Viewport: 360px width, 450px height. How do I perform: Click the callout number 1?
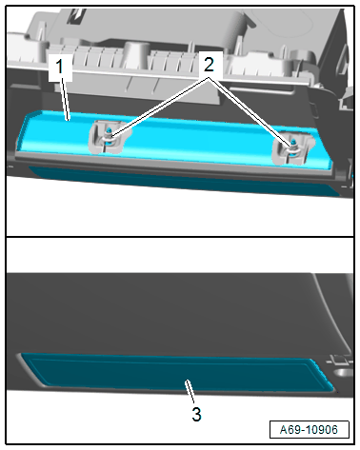coord(60,67)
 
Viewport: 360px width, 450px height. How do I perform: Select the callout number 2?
coord(209,65)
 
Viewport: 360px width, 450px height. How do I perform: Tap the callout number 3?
coord(196,415)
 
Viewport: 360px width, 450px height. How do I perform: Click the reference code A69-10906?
coord(309,430)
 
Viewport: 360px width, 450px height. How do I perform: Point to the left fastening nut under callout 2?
coord(109,138)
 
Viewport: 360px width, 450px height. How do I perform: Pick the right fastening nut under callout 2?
coord(293,147)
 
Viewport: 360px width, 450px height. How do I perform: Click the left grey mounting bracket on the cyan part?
coord(108,138)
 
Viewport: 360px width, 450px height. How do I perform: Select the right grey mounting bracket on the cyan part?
coord(293,148)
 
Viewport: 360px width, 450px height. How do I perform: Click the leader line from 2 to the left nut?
coord(160,108)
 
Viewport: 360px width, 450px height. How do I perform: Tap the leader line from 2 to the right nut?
coord(250,112)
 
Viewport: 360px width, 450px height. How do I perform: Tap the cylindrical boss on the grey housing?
coord(137,53)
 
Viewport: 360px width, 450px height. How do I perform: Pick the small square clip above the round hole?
coord(337,360)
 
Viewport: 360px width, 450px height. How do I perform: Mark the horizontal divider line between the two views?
coord(180,237)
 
